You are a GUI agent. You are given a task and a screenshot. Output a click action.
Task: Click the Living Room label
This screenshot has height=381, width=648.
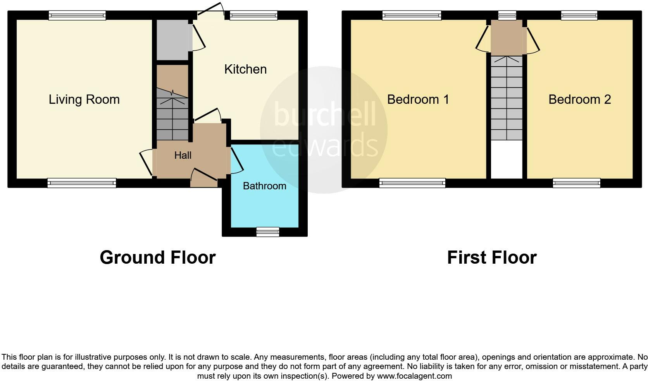[84, 100]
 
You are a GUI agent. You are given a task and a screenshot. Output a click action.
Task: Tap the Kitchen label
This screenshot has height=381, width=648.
[245, 69]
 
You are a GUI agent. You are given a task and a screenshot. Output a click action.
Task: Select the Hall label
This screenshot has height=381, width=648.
[183, 155]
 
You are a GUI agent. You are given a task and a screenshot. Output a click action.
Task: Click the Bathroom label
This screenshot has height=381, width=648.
[264, 186]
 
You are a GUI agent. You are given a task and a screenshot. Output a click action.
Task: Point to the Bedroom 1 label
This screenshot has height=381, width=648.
[418, 100]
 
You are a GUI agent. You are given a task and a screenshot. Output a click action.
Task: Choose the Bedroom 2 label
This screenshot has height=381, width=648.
[579, 100]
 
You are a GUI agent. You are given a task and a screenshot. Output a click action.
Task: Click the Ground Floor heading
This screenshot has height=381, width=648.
[157, 257]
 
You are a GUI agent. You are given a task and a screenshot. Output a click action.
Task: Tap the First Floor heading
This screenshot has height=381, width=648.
[491, 257]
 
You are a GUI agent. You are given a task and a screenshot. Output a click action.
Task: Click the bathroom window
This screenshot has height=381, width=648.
[268, 232]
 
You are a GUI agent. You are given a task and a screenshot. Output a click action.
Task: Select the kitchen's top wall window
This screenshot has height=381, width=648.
[253, 15]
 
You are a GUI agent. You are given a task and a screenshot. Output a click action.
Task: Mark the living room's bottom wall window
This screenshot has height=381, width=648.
[81, 183]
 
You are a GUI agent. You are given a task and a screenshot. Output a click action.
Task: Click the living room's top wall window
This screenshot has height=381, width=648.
[77, 15]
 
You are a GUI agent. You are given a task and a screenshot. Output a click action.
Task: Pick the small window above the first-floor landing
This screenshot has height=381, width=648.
[507, 15]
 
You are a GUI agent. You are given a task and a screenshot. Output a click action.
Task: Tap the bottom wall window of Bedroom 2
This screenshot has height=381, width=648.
[576, 183]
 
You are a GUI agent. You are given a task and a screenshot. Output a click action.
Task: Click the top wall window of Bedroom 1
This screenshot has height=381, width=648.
[412, 15]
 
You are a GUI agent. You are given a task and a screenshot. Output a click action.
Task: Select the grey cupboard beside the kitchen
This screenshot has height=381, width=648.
[172, 39]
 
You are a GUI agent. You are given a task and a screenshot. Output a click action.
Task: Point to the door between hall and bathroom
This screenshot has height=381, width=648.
[237, 159]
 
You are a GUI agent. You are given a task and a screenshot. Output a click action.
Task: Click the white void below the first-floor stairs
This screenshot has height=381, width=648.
[507, 159]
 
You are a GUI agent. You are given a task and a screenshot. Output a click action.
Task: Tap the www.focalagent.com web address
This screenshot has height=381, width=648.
[414, 376]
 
